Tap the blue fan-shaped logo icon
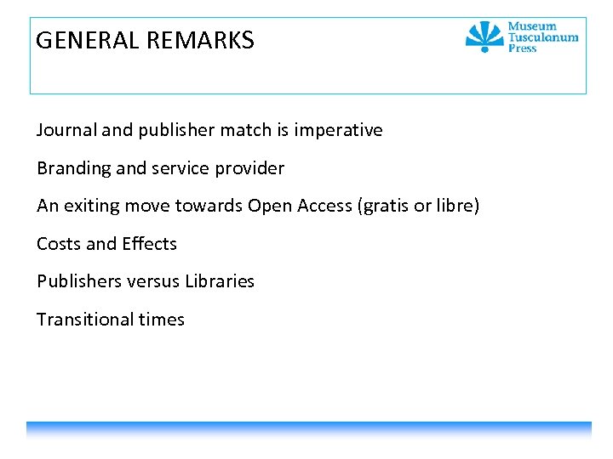click(484, 37)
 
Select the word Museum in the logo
click(532, 26)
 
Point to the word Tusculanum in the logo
click(542, 37)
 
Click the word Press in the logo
click(522, 48)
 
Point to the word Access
click(324, 206)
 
